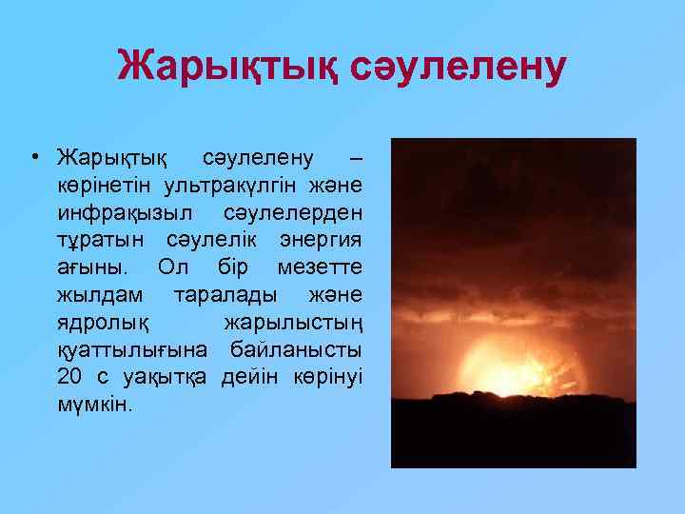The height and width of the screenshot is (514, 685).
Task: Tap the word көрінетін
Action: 105,180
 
